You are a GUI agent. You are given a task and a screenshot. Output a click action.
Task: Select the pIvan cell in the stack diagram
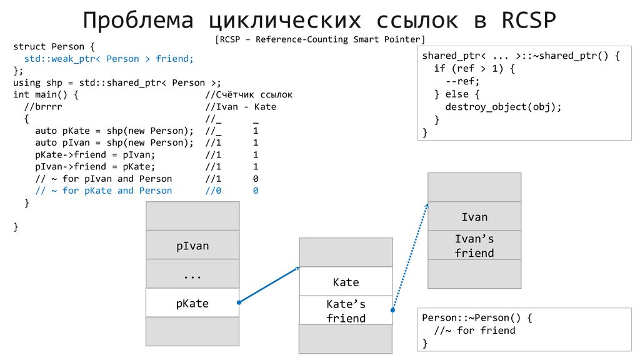point(192,246)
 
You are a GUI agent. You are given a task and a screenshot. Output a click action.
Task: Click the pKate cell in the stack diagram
point(192,304)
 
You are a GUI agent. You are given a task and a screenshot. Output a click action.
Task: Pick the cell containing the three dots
point(192,275)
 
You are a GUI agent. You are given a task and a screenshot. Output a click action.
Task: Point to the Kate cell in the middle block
point(346,282)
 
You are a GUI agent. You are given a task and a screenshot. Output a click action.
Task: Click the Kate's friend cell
point(346,311)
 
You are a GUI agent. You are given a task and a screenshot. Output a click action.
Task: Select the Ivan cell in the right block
point(474,217)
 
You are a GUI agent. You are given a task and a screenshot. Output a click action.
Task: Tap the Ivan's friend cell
point(474,246)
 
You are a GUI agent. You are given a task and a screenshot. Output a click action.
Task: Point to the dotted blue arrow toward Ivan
point(411,256)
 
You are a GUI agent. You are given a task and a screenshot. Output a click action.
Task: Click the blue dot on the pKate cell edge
point(239,303)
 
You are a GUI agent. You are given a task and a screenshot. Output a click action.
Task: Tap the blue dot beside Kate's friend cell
point(393,309)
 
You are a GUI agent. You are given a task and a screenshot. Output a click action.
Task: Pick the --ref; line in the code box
point(462,81)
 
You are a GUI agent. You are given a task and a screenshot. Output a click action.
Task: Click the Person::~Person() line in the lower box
point(477,317)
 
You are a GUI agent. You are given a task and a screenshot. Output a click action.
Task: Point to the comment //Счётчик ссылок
point(249,95)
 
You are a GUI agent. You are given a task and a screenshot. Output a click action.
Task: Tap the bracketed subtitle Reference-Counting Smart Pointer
point(319,40)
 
